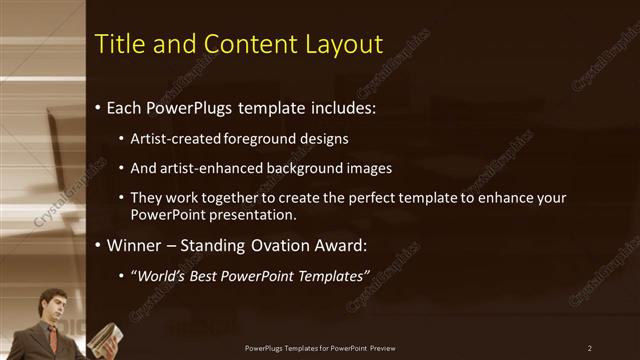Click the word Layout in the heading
click(346, 45)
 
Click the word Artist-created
click(171, 138)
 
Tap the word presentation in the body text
click(255, 215)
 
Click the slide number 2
click(590, 348)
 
